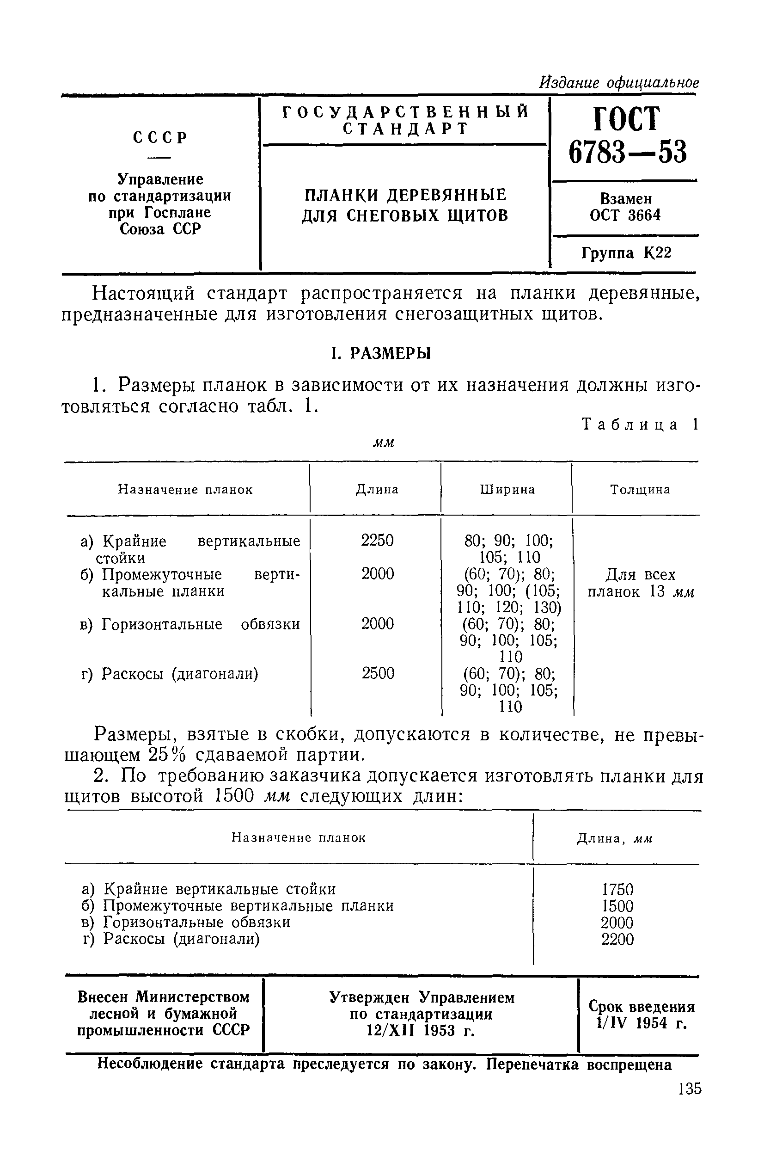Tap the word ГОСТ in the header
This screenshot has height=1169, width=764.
click(627, 119)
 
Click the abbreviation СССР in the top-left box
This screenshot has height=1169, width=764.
click(160, 138)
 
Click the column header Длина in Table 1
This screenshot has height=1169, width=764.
click(377, 490)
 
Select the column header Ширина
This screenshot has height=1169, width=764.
click(507, 490)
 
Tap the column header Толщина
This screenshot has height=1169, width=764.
click(640, 490)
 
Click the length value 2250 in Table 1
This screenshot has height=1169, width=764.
click(377, 540)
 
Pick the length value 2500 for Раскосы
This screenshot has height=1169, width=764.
click(378, 673)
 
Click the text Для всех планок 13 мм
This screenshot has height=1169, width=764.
click(640, 583)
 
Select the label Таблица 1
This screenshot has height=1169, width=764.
click(639, 425)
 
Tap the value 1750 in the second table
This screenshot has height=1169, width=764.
click(617, 890)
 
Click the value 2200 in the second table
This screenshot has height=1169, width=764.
click(617, 939)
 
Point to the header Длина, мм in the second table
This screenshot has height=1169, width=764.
click(615, 839)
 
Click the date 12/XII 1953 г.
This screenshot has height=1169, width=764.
click(421, 1030)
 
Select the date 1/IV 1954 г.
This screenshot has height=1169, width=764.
click(640, 1023)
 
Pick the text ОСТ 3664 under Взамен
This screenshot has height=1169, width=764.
click(625, 215)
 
